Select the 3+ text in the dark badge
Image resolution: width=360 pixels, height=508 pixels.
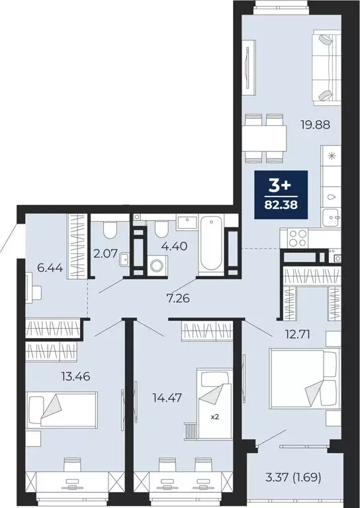(x=278, y=186)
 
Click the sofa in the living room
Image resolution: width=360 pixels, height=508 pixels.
(x=324, y=68)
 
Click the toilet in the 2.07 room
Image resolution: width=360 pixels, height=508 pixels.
(x=111, y=230)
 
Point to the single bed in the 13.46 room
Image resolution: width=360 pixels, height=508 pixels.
(x=62, y=406)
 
